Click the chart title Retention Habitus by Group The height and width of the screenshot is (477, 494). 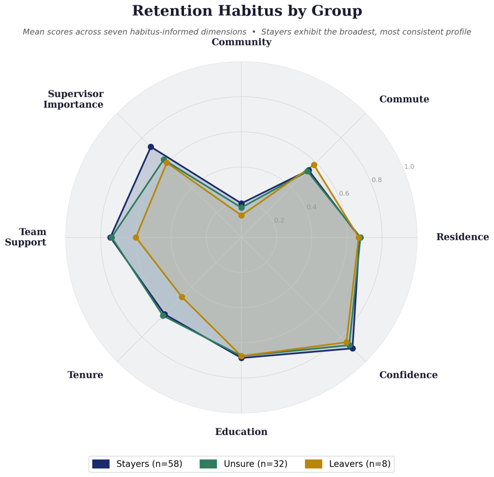pos(247,11)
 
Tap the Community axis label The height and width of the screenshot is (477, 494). pos(241,42)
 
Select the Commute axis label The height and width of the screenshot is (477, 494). pos(404,99)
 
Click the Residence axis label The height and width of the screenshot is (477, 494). pos(462,237)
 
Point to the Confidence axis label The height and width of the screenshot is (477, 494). pos(408,375)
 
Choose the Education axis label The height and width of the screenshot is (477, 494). pos(241,432)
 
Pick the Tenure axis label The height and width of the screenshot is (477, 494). pos(85,375)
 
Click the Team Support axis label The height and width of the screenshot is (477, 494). pos(26,237)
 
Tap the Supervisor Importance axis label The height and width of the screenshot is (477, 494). pos(73,99)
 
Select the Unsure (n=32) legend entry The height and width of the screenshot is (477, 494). pos(243,464)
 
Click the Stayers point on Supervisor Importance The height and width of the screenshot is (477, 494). pos(151,147)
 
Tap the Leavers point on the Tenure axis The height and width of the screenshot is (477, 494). pos(182,297)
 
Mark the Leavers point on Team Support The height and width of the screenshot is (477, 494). pos(136,238)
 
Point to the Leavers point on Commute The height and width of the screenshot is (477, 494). pos(314,165)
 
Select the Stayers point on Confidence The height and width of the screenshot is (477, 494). pos(353,348)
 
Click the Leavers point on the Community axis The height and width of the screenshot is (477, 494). pos(241,215)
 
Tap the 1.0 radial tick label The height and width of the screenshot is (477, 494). pos(409,167)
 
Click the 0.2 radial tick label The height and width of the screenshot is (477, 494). pos(279,221)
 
